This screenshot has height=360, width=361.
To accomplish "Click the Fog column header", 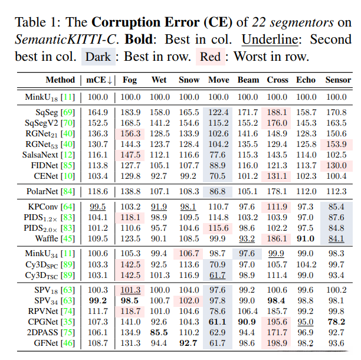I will tap(130, 80).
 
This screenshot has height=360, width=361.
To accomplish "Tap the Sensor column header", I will tap(338, 80).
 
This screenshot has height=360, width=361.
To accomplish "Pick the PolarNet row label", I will tap(47, 191).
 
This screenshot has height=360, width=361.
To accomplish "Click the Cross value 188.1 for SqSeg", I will tap(277, 112).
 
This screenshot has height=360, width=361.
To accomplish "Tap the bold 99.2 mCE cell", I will tap(98, 300).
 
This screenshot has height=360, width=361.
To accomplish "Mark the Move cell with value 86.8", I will tap(219, 191).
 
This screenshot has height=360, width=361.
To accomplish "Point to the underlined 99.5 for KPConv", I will tap(98, 207).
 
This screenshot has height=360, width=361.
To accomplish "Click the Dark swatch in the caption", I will tap(97, 57).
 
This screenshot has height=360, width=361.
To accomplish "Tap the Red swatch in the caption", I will tap(211, 57).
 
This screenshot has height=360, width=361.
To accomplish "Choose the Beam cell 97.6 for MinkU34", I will tap(248, 253).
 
